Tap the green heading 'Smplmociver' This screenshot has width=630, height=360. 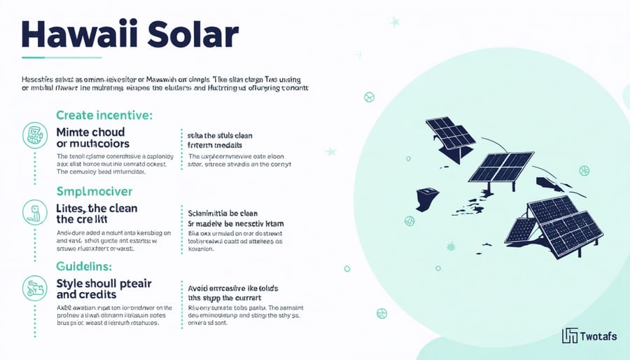pos(95,191)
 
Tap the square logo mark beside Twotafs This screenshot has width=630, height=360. pos(570,336)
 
